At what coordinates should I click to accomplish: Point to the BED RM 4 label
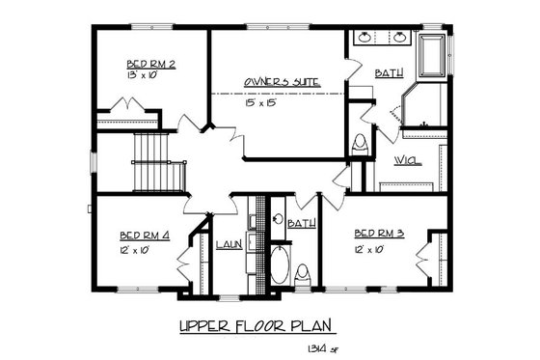click(147, 235)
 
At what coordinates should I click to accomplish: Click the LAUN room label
click(228, 245)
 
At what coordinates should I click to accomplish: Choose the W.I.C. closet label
click(407, 161)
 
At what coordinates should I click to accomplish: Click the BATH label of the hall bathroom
click(301, 224)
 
